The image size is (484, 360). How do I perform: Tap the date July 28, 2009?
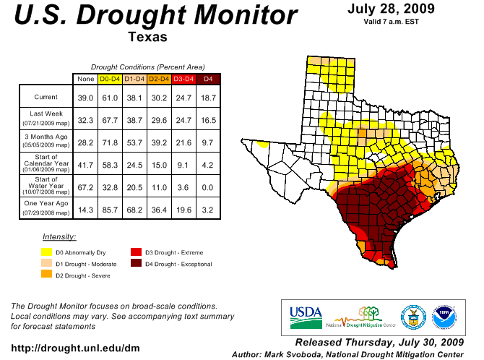click(x=390, y=9)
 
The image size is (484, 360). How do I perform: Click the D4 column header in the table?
click(x=208, y=78)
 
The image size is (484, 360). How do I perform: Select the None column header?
click(x=86, y=78)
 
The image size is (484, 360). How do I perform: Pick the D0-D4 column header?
click(x=110, y=78)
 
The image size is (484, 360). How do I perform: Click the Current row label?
click(x=46, y=97)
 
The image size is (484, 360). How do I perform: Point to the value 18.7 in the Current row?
click(x=208, y=97)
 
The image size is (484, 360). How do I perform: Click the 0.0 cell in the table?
click(x=208, y=187)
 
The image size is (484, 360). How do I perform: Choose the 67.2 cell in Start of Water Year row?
click(x=86, y=187)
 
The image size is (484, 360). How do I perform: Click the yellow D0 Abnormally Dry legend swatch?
click(x=46, y=252)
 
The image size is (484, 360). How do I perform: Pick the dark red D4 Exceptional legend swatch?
click(x=135, y=264)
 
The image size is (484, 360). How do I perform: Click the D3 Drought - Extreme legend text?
click(x=174, y=252)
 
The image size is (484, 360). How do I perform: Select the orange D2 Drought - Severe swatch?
click(x=46, y=274)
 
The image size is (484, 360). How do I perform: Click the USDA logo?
click(x=306, y=312)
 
